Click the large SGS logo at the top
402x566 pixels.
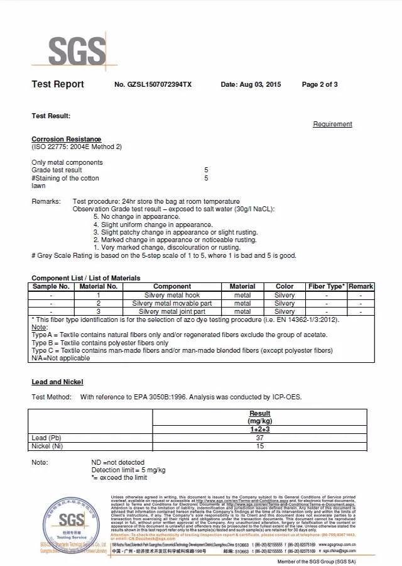click(77, 49)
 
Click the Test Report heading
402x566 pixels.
click(58, 84)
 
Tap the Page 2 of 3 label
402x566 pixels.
click(320, 84)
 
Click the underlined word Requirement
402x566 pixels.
click(332, 125)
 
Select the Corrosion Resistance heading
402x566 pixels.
click(66, 139)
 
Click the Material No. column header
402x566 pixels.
click(99, 286)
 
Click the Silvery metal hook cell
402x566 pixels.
click(172, 295)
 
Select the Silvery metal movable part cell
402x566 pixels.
click(172, 303)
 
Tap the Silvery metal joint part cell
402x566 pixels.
click(172, 311)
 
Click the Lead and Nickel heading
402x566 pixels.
click(57, 382)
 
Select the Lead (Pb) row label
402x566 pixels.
click(46, 438)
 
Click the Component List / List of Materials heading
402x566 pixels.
click(86, 278)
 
